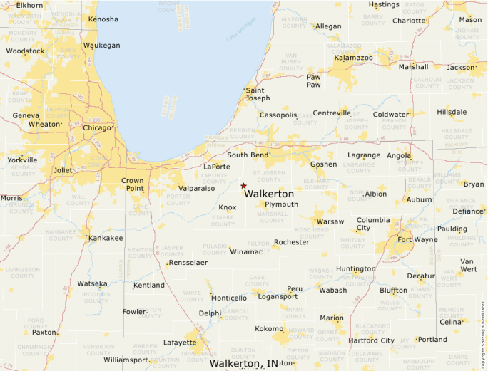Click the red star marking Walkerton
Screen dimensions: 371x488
coord(243,185)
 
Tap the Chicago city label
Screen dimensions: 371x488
coord(97,128)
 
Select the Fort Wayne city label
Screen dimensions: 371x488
coord(417,239)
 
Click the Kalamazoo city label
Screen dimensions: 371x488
coord(353,57)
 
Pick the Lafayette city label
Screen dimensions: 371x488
coord(180,343)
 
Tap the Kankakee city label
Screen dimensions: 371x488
coord(105,238)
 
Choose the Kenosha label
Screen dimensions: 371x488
coord(103,19)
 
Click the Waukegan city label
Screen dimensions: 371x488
coord(101,46)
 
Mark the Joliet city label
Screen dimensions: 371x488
coord(63,170)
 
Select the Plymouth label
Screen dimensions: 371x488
coord(281,204)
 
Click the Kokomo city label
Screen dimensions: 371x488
coord(269,329)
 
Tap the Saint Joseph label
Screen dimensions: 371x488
coord(258,94)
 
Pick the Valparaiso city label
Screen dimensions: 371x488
coord(196,188)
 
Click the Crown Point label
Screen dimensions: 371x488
coord(132,184)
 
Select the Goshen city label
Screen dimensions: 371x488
coord(323,164)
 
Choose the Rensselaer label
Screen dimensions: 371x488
coord(188,263)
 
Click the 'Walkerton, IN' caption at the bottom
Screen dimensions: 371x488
coord(244,364)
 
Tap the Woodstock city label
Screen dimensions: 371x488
coord(25,51)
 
